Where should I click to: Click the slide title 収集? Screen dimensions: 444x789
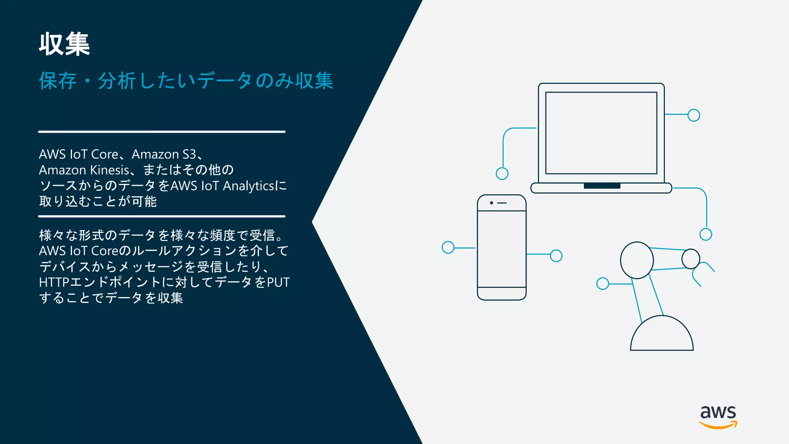[x=64, y=44]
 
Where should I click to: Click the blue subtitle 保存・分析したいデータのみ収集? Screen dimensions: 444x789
[x=186, y=81]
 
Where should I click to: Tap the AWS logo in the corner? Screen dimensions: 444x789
[x=718, y=416]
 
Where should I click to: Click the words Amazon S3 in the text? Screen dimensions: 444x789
[x=164, y=154]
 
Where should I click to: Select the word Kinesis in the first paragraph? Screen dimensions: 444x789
[x=109, y=170]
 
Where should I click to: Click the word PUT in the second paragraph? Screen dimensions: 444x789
[x=278, y=282]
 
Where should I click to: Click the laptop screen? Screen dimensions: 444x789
[x=601, y=133]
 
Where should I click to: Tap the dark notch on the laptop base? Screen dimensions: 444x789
[x=602, y=186]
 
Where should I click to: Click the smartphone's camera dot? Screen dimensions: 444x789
[x=492, y=203]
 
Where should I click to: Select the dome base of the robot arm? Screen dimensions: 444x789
[x=661, y=335]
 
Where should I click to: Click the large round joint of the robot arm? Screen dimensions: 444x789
[x=636, y=260]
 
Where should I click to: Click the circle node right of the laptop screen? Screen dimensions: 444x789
[x=693, y=115]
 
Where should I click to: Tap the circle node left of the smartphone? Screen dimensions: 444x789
[x=448, y=247]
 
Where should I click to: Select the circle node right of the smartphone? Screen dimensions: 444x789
[x=556, y=256]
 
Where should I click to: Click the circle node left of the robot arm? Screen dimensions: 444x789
[x=603, y=284]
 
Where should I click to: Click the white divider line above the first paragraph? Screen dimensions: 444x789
[x=162, y=132]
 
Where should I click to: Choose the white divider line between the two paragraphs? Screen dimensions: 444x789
[x=162, y=216]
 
